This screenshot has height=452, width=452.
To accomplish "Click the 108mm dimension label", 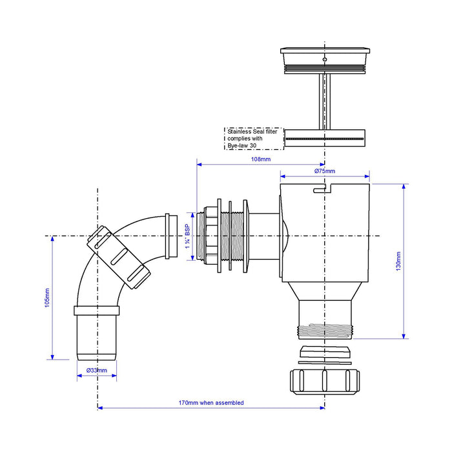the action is pyautogui.click(x=261, y=159).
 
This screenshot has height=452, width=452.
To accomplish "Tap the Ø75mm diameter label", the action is pyautogui.click(x=325, y=171).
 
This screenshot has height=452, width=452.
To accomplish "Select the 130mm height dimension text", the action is pyautogui.click(x=398, y=261).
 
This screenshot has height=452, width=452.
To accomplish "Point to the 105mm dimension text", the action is pyautogui.click(x=47, y=298).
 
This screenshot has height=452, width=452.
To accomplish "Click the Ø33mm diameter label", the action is pyautogui.click(x=97, y=371).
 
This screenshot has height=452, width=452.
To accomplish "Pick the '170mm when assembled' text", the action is pyautogui.click(x=211, y=403).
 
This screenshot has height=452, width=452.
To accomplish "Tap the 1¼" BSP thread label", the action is pyautogui.click(x=188, y=236).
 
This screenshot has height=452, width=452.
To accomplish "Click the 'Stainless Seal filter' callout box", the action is pyautogui.click(x=254, y=139).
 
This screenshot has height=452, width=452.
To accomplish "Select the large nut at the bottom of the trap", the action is pyautogui.click(x=325, y=382).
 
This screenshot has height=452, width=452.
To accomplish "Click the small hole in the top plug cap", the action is pyautogui.click(x=325, y=59).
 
